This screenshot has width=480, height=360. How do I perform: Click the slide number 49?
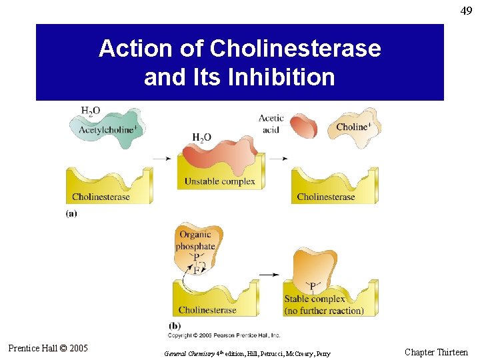click(x=465, y=11)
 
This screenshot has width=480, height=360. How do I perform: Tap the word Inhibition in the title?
click(x=281, y=77)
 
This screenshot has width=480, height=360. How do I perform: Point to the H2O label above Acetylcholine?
click(x=91, y=110)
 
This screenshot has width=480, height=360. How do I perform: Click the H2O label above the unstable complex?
click(x=201, y=137)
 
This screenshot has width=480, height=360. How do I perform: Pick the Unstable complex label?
click(x=219, y=181)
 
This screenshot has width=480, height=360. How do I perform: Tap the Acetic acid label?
click(x=271, y=124)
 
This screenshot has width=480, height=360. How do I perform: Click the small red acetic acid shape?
click(x=303, y=127)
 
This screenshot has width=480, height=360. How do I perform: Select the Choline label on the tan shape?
click(x=354, y=127)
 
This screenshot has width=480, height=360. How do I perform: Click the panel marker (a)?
click(x=71, y=213)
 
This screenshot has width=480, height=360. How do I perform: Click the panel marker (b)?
click(x=174, y=325)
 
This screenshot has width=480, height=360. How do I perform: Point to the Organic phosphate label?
click(x=195, y=240)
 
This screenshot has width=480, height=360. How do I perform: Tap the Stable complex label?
click(x=315, y=299)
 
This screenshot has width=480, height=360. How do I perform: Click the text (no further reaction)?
click(x=324, y=311)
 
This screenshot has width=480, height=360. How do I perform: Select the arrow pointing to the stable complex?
click(x=269, y=275)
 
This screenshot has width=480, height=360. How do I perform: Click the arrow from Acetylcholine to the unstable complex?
click(x=162, y=159)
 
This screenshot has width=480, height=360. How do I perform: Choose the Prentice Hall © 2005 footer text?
click(x=48, y=348)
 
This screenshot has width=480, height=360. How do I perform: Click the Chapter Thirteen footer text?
click(x=436, y=352)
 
